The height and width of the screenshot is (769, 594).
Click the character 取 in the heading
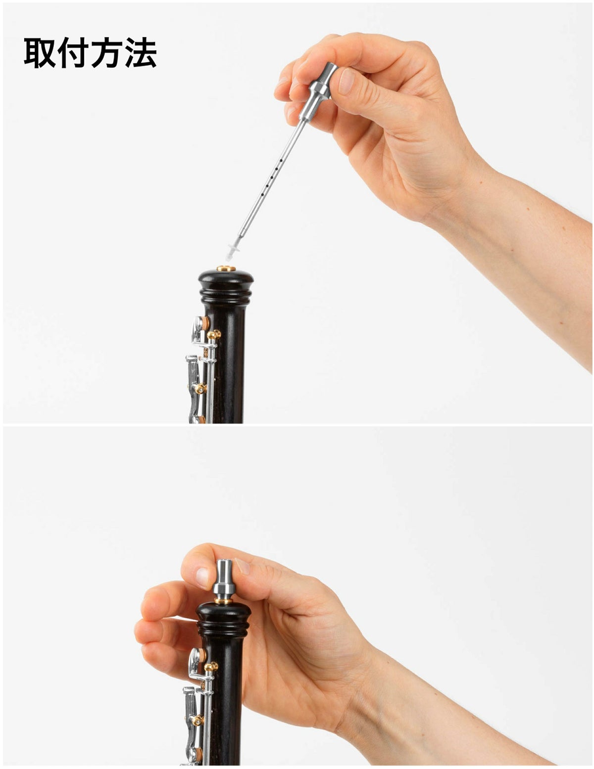point(40,52)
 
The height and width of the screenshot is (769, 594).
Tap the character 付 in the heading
point(73,52)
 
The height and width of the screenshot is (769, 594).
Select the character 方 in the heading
point(106,52)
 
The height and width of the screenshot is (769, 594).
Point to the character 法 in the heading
point(140,52)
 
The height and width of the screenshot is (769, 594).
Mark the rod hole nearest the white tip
point(261,194)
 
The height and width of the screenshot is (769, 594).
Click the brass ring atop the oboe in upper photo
point(226,268)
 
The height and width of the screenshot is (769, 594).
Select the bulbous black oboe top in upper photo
point(226,287)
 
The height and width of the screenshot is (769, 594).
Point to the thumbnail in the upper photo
point(346,81)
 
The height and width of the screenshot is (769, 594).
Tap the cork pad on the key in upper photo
point(205,323)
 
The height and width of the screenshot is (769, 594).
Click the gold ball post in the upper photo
point(213,334)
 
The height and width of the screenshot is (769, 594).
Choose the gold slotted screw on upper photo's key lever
point(200,389)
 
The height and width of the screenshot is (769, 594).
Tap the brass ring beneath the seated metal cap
point(224,601)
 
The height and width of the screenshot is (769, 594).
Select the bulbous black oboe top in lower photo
point(224,619)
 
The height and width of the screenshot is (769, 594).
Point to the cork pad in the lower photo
point(202,655)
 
